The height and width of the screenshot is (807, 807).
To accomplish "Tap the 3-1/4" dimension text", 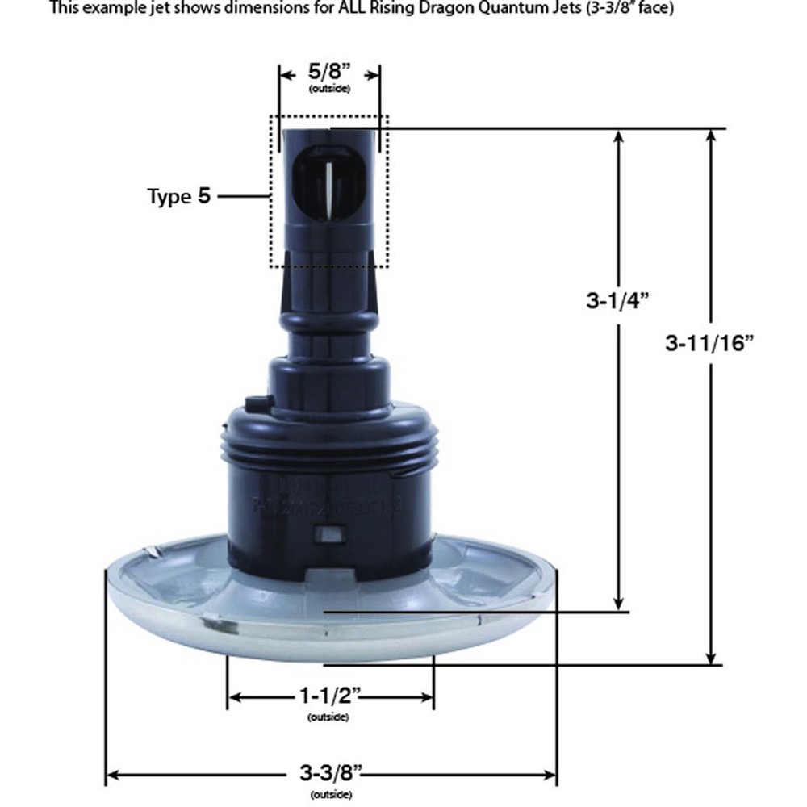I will point(618,301).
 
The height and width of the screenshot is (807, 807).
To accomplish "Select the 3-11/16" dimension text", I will point(709,342).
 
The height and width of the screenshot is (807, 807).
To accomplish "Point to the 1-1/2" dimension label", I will point(329,696).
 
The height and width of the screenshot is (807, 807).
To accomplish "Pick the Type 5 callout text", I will point(178,196).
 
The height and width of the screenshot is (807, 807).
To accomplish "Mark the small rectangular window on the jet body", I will point(331,534).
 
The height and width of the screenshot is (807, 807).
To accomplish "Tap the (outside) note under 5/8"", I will point(329,87).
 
